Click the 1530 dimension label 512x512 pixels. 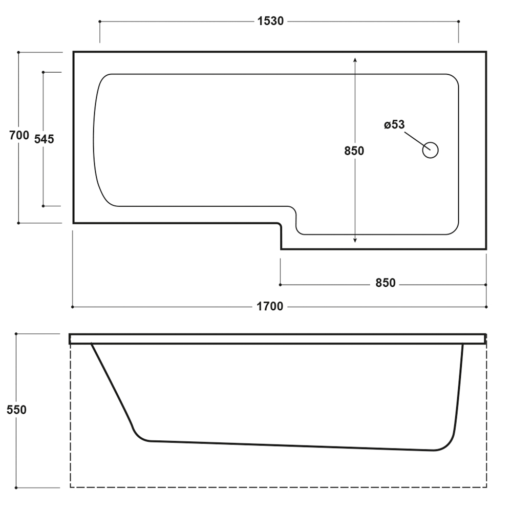270,21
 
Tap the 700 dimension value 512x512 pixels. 19,135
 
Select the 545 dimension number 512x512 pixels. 44,139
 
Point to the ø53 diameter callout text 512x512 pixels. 394,124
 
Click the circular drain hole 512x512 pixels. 431,150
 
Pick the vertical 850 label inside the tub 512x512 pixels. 354,151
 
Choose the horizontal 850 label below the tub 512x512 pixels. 386,283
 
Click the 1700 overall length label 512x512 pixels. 270,307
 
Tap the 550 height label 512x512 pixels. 16,410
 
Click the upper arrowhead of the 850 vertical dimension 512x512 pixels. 355,60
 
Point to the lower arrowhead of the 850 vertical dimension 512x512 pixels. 355,240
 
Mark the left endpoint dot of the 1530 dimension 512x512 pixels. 100,22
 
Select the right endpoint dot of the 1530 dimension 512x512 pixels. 458,22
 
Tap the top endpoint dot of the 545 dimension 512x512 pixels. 43,72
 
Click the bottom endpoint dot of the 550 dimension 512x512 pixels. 16,488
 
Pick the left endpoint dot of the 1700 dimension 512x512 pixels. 73,307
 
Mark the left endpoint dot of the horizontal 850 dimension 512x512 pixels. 280,285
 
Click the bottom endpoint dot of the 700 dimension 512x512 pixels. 18,223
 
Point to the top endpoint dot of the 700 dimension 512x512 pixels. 18,52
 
